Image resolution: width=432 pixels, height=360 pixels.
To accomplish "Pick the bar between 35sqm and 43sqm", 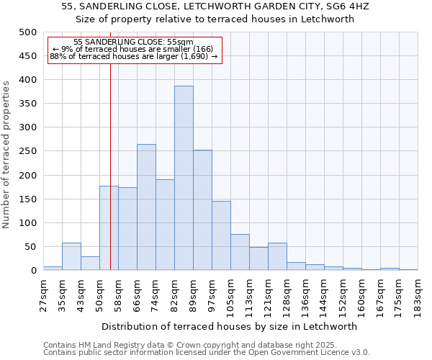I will (71, 257).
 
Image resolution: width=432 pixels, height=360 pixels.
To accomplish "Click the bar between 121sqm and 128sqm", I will (277, 257).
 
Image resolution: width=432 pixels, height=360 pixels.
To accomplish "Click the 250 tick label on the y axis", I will (27, 152).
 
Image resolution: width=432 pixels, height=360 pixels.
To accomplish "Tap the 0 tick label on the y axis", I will (33, 271).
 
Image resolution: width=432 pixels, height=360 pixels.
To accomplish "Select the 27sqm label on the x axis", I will (43, 294).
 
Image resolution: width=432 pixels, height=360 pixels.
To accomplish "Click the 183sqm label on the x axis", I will (418, 295).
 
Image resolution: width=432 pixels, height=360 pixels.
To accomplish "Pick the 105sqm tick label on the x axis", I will (230, 295).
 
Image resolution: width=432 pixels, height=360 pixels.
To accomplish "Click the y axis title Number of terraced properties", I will (6, 155).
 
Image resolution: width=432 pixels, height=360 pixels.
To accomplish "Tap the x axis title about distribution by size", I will (230, 326).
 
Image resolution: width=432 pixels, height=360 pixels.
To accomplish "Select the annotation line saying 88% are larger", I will (133, 56).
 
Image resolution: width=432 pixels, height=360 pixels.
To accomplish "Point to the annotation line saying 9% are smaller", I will (133, 49).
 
